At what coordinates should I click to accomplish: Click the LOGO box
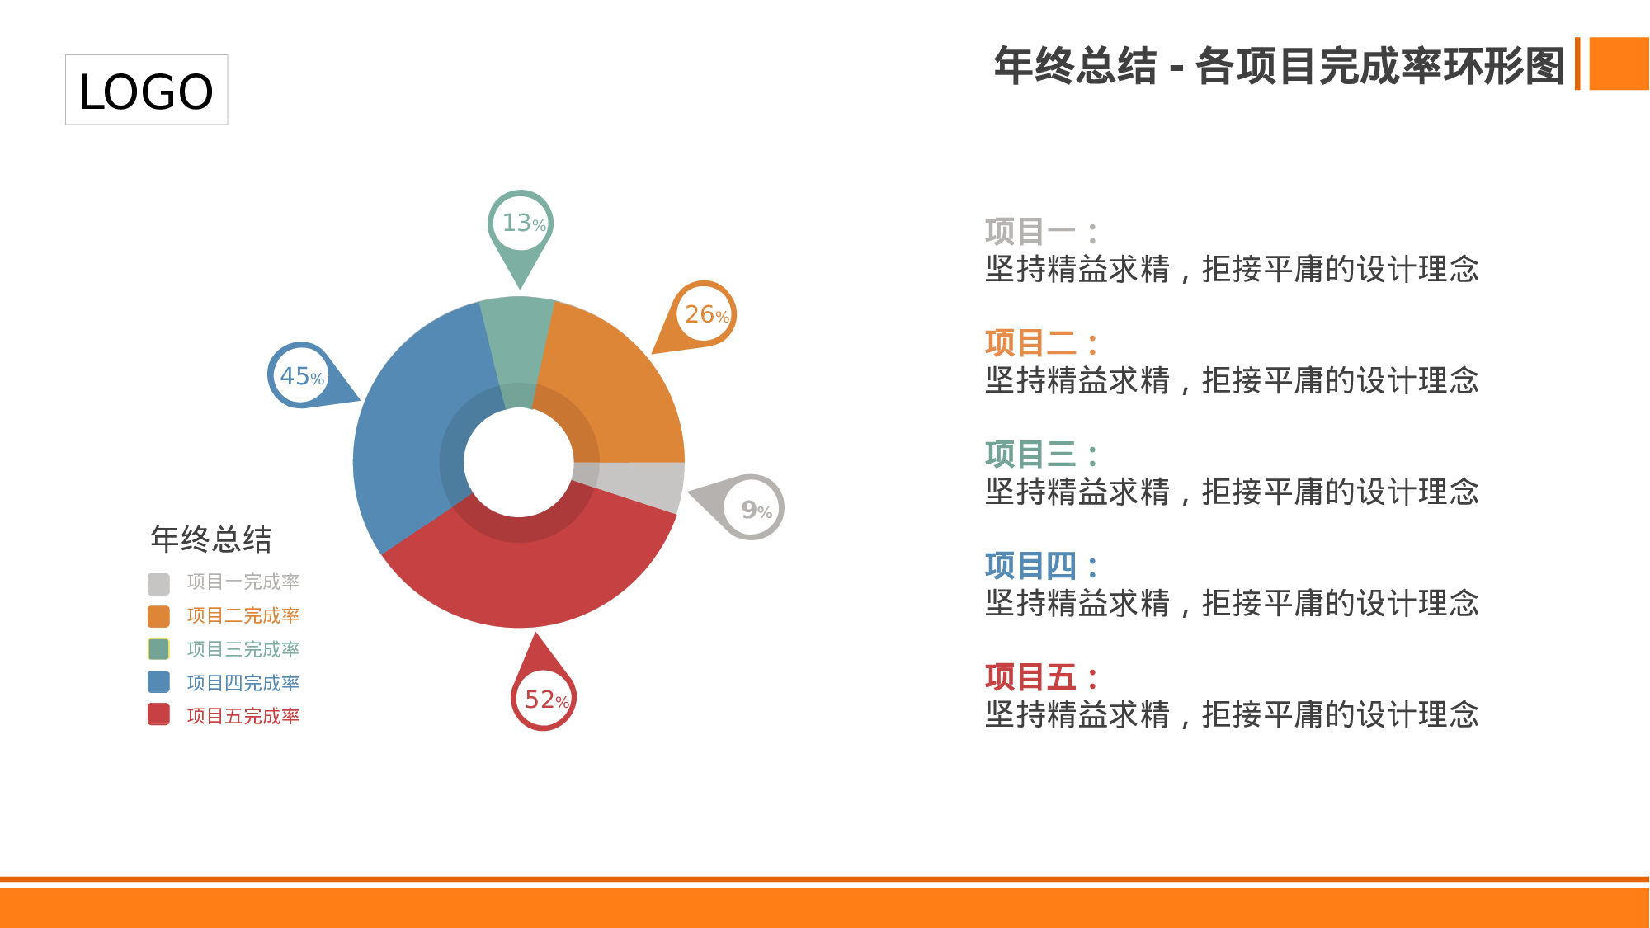pyautogui.click(x=146, y=90)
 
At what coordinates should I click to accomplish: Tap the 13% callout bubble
pyautogui.click(x=521, y=224)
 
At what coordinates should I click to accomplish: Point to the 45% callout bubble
pyautogui.click(x=300, y=376)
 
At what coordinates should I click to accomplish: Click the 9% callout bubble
pyautogui.click(x=752, y=508)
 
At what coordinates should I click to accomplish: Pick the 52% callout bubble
pyautogui.click(x=544, y=699)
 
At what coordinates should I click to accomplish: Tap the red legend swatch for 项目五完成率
pyautogui.click(x=158, y=714)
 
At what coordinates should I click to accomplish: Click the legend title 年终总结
pyautogui.click(x=211, y=539)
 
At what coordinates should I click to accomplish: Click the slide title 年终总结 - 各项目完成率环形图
pyautogui.click(x=1279, y=66)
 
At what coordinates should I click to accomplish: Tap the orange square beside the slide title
pyautogui.click(x=1619, y=64)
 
